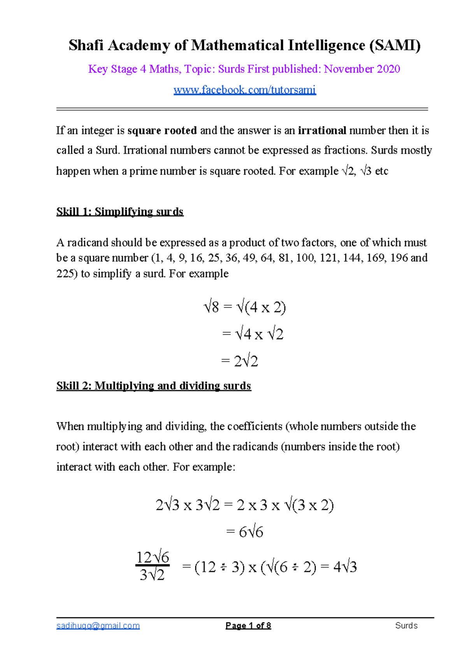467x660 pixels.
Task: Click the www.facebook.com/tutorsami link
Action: point(244,90)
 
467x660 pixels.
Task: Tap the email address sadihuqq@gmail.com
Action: point(98,625)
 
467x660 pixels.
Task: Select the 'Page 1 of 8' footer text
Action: point(248,625)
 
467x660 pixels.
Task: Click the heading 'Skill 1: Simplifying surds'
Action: point(120,212)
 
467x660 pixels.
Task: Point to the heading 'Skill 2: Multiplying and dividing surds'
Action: point(154,385)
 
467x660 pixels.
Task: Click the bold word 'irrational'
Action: point(322,130)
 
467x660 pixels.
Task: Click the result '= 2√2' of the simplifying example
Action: point(239,361)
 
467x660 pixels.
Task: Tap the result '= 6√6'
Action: point(244,532)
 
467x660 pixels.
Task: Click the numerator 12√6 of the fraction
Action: point(152,557)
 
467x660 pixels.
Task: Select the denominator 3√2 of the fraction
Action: point(152,575)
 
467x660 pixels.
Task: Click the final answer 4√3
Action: point(345,567)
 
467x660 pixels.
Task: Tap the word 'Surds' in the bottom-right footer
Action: point(406,625)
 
